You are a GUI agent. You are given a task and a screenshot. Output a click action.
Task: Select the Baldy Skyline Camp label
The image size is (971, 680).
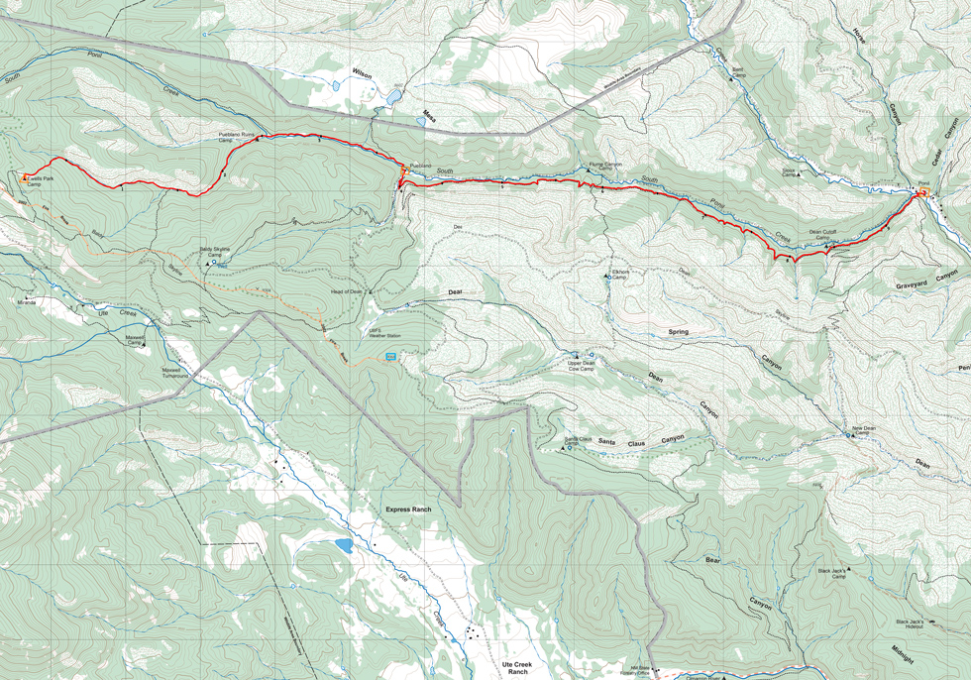point(217,253)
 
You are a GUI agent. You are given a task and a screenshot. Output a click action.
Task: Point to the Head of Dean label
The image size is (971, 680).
point(347,291)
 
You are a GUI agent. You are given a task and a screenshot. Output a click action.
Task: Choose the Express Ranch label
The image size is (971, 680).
point(408,510)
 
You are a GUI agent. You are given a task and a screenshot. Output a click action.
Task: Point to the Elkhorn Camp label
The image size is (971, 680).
point(621,277)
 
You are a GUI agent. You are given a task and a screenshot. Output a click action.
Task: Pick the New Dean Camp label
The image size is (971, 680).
point(864,430)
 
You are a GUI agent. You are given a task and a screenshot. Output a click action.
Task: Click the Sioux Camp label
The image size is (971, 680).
point(789,172)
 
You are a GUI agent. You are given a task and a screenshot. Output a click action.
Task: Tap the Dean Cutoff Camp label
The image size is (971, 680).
point(823,235)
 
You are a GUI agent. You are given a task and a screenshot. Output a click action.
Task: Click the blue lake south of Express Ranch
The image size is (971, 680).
point(344,545)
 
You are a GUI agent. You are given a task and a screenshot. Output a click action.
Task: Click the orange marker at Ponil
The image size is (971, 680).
point(921,193)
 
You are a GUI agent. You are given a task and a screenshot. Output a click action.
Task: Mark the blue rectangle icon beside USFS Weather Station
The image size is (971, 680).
point(390,356)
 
